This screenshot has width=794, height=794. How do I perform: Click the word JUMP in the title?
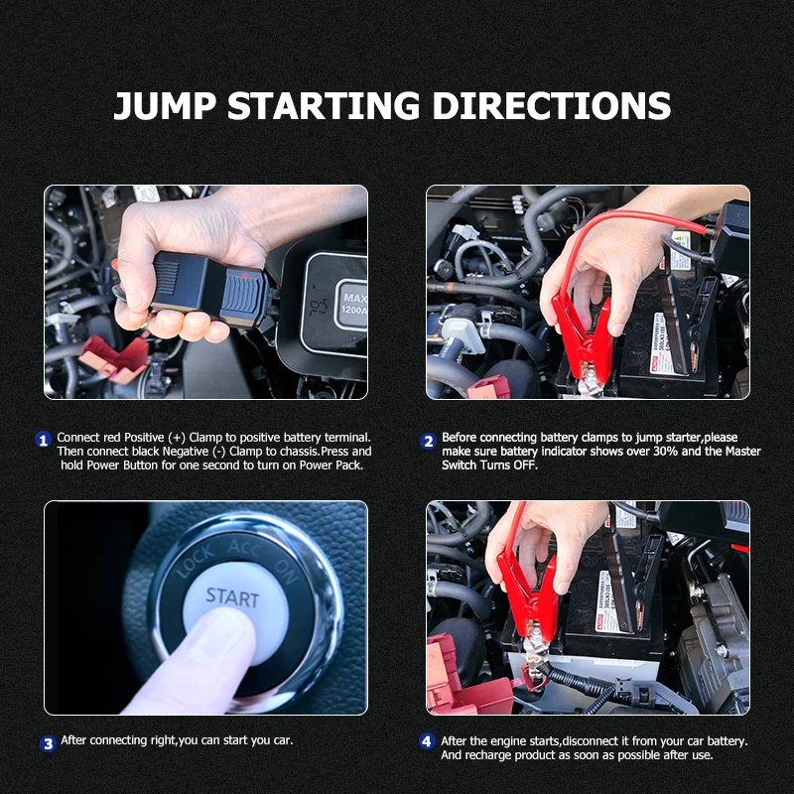165,106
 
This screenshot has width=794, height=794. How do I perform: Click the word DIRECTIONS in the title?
552,106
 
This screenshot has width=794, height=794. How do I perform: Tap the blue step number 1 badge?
43,440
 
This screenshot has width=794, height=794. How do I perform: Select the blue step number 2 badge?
428,441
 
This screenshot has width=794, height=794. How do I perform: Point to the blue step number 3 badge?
48,743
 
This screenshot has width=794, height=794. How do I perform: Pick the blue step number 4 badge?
427,741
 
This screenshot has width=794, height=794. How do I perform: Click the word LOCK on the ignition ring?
196,561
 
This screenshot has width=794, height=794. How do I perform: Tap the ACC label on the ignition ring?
244,548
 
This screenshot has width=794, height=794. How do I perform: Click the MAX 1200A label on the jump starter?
354,304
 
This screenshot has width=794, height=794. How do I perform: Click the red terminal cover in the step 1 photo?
114,358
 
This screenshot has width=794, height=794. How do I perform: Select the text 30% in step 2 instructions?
664,452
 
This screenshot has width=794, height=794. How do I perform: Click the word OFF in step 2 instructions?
525,464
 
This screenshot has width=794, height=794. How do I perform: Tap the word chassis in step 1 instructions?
299,452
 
